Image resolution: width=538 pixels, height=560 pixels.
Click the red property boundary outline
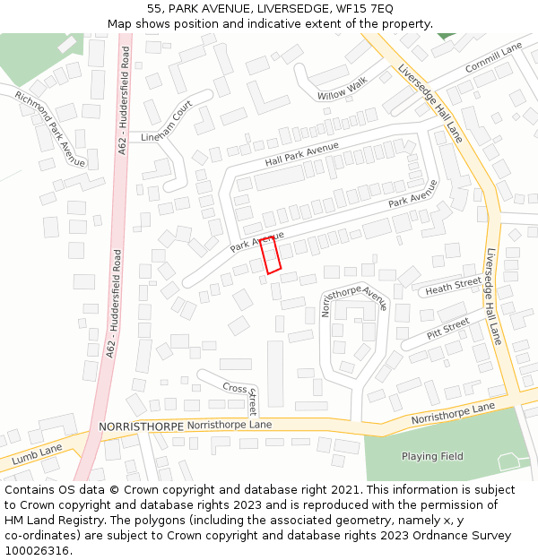tap(271, 255)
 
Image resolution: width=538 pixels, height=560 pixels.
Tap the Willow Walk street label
tap(342, 89)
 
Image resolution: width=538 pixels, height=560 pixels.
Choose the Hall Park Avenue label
tap(301, 154)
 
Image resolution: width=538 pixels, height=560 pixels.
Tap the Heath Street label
tap(453, 286)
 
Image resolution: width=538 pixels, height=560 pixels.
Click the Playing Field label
tap(432, 456)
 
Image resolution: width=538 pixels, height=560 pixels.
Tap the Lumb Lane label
tap(37, 454)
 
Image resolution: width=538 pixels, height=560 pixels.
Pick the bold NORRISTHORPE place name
tap(141, 426)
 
